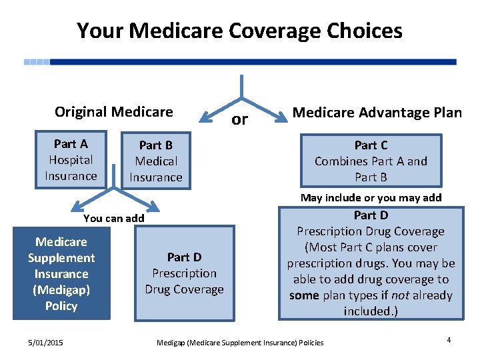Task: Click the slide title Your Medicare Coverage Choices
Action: pos(239,31)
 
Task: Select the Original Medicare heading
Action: pos(113,112)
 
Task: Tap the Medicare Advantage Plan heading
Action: pos(377,113)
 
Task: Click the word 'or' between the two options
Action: pos(239,120)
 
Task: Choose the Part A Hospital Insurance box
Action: pos(71,160)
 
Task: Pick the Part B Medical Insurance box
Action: pos(155,161)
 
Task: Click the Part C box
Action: pos(371,161)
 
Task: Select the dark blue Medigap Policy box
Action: pos(61,273)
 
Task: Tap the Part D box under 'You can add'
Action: pos(185,273)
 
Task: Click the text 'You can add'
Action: pos(113,218)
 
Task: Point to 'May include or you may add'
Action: pos(371,197)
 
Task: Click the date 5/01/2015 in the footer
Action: pos(45,342)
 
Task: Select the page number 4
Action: pos(449,340)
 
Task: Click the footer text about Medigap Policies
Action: pos(239,343)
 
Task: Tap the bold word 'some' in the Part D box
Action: pos(304,295)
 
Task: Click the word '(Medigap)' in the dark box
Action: pos(61,290)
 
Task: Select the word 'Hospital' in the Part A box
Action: pos(71,160)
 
